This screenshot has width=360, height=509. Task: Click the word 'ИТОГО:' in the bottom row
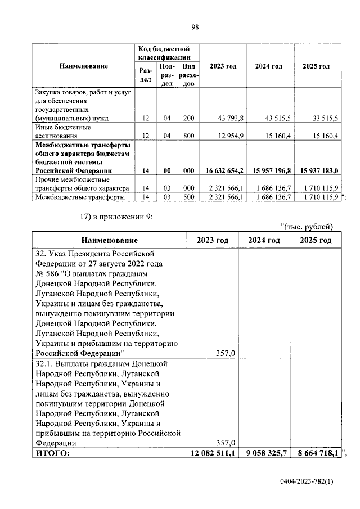pyautogui.click(x=53, y=453)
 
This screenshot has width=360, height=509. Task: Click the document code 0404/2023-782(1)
pyautogui.click(x=308, y=483)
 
